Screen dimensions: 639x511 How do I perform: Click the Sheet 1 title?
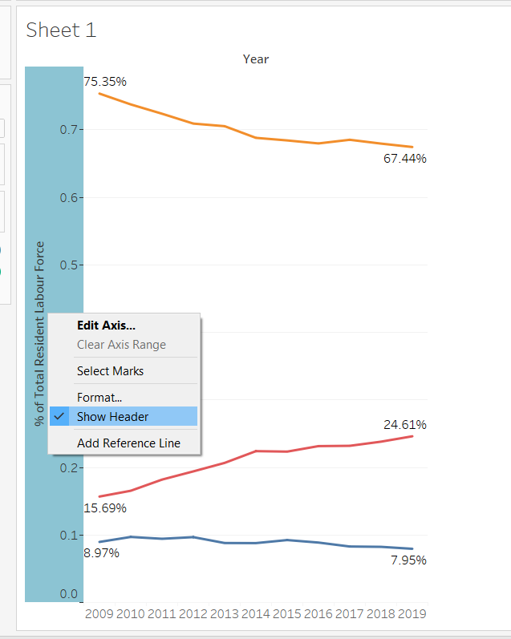point(61,30)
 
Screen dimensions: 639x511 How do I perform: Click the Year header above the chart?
point(256,59)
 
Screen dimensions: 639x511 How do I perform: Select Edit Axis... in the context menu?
point(106,326)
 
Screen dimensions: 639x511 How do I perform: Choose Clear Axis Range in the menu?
point(121,345)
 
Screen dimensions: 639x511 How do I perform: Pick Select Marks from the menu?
point(110,371)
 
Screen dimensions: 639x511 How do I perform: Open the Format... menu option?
point(99,397)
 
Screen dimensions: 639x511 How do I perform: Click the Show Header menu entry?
point(112,416)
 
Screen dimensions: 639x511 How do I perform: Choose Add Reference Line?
point(128,443)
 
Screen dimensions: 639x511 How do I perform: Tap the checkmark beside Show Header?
point(59,416)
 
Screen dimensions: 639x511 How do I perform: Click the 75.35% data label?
point(105,82)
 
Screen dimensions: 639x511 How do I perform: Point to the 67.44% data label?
point(404,159)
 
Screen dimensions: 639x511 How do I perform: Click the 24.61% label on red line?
point(404,424)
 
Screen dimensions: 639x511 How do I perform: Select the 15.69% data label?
point(105,508)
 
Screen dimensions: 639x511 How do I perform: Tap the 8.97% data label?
point(102,552)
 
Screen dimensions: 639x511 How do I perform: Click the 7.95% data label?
point(408,560)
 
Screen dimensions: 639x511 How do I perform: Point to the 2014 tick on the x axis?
point(256,614)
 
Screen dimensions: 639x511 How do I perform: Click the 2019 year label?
point(412,614)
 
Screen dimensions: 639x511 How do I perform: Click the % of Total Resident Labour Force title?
point(39,333)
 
